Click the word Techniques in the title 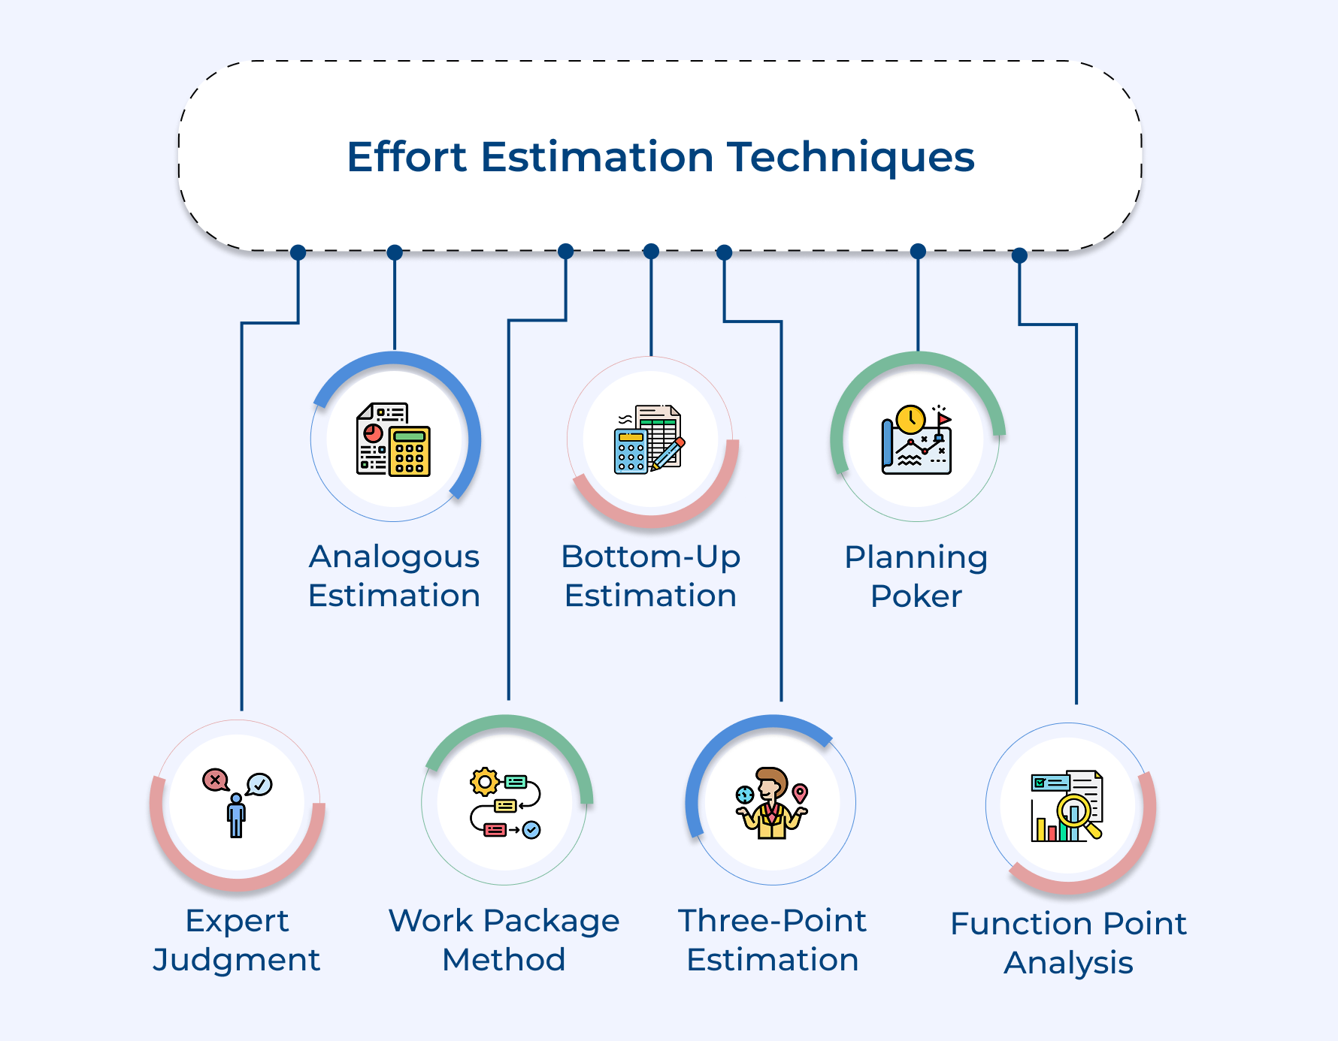coord(850,158)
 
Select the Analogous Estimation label coord(394,576)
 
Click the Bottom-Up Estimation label coord(651,576)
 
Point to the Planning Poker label coord(916,576)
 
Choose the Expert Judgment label coord(237,940)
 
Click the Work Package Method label coord(504,940)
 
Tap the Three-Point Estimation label coord(773,940)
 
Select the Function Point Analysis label coord(1068,943)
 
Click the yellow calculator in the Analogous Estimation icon coord(410,451)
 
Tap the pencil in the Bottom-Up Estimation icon coord(667,454)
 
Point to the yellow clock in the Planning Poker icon coord(910,419)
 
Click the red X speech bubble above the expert coord(215,780)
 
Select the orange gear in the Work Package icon coord(485,783)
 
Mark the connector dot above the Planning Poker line coord(918,251)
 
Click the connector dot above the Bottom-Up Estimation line coord(652,251)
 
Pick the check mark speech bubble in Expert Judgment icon coord(260,784)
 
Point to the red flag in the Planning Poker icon coord(943,419)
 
